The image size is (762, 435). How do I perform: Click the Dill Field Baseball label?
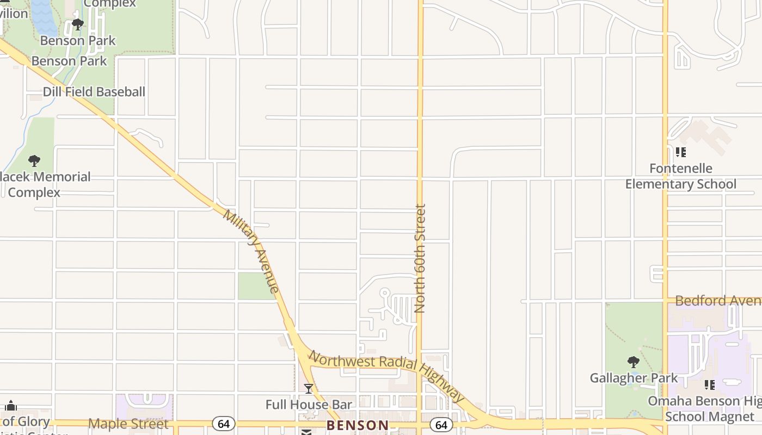[94, 92]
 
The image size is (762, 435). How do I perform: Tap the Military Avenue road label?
[251, 251]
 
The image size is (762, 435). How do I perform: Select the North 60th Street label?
[420, 258]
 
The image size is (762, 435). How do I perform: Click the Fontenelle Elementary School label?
[680, 176]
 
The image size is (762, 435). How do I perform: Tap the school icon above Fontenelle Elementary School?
[680, 152]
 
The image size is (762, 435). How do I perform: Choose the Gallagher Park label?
[634, 378]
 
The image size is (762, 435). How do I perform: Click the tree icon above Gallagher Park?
[633, 362]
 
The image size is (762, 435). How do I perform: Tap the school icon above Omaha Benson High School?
[710, 385]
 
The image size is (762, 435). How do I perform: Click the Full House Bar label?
[309, 405]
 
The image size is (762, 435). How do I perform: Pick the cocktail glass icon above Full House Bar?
[309, 388]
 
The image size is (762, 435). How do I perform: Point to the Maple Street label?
[128, 424]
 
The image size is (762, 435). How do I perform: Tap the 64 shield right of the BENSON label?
[441, 425]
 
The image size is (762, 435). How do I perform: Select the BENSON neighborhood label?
[358, 425]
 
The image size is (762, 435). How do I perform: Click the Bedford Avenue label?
[717, 301]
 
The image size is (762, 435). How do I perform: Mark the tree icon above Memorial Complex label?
[34, 161]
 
